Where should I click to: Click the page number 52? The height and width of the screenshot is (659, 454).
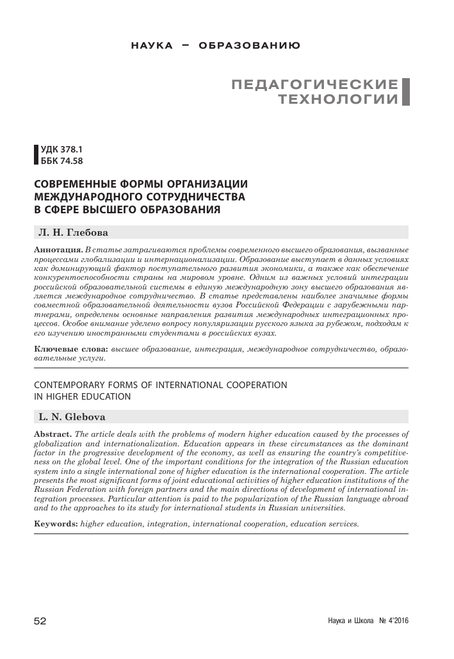click(40, 621)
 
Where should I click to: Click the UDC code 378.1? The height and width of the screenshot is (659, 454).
click(72, 151)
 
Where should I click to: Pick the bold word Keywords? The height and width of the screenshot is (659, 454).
click(56, 523)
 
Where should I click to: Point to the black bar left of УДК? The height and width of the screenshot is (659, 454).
click(36, 156)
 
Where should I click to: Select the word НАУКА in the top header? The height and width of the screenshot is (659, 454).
click(151, 46)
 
